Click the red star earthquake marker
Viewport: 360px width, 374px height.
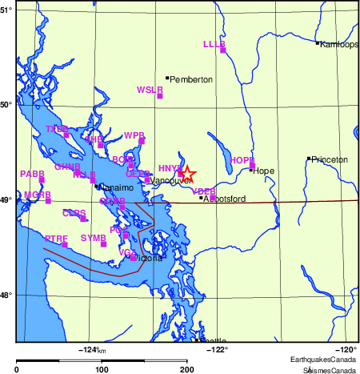pos(186,173)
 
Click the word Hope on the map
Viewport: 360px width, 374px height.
pos(263,171)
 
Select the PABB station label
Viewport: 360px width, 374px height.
pos(32,174)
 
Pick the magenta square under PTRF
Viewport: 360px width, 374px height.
pos(65,244)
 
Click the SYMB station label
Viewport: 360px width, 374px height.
pos(94,238)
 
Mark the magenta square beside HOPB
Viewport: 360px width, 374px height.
pos(252,166)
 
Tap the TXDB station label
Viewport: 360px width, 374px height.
pos(57,129)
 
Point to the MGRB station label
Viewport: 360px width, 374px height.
pos(37,195)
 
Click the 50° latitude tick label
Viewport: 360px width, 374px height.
pos(7,104)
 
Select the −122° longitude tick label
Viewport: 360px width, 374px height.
pos(218,349)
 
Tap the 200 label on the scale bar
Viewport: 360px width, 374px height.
pos(186,369)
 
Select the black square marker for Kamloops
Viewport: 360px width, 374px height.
pos(318,43)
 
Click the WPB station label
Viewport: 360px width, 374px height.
pos(134,135)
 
